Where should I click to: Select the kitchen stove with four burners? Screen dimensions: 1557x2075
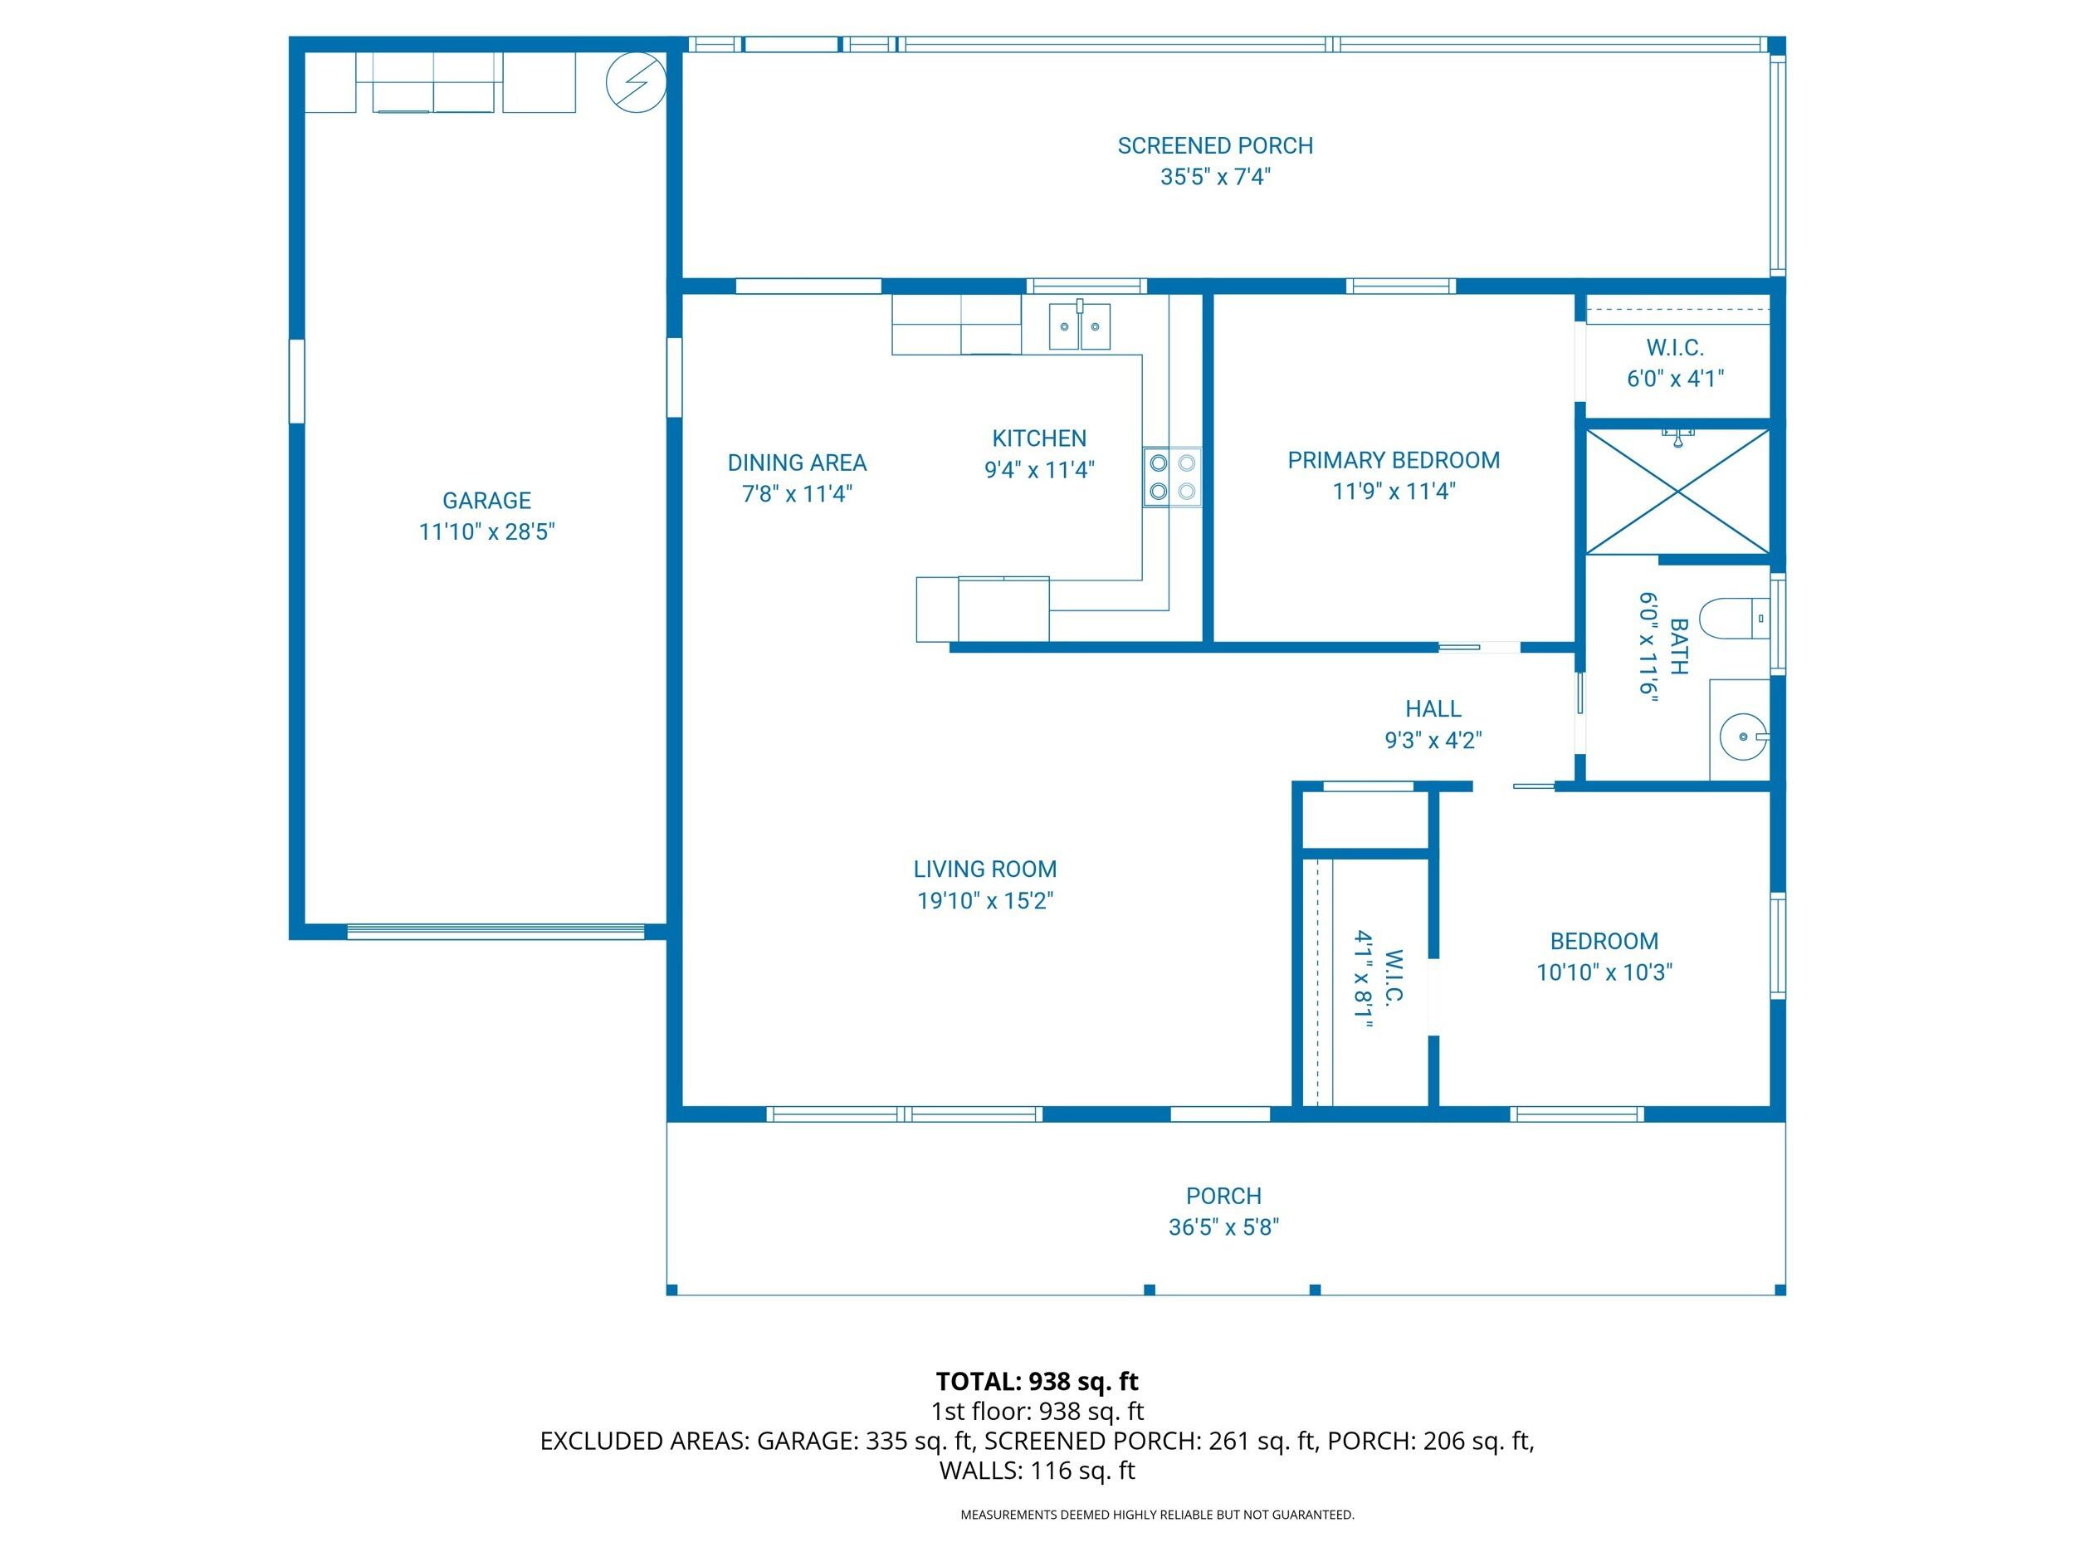click(x=1172, y=477)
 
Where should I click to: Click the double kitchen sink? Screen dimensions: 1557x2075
click(x=1079, y=326)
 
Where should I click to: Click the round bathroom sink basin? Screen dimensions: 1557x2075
click(x=1743, y=737)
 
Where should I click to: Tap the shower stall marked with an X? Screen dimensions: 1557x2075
click(x=1677, y=491)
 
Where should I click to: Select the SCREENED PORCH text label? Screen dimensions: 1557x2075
click(x=1215, y=146)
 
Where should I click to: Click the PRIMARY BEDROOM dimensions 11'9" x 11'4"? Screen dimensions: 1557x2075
click(x=1393, y=491)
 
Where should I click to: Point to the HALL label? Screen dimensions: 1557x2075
click(x=1433, y=709)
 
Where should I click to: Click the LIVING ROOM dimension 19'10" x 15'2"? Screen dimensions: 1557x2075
click(x=985, y=901)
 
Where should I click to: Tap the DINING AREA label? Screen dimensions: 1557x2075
click(x=797, y=463)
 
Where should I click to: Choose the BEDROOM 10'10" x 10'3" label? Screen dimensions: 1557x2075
click(x=1604, y=957)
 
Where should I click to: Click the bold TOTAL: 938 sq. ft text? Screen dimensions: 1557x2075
click(x=1037, y=1382)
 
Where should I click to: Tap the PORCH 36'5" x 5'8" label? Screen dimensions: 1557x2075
click(x=1223, y=1211)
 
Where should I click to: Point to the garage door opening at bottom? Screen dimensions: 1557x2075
click(x=496, y=931)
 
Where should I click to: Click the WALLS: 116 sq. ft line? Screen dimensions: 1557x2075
click(x=1037, y=1471)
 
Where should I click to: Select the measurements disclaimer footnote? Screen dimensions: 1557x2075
click(x=1157, y=1515)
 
